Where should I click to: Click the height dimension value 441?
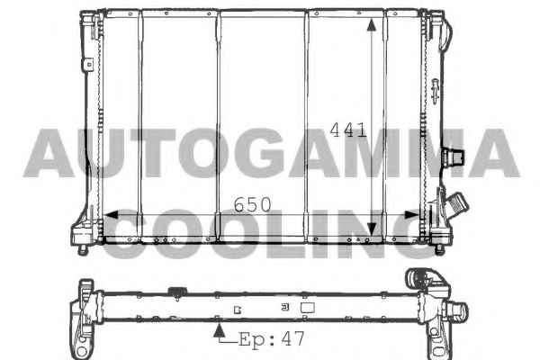click(x=348, y=130)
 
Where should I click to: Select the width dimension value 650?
click(x=252, y=205)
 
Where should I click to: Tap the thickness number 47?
click(x=293, y=338)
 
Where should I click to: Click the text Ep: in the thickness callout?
click(x=256, y=339)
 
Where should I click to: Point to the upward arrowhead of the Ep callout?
click(x=219, y=331)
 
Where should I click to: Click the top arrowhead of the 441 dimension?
click(x=371, y=25)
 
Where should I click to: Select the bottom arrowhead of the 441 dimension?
click(x=371, y=229)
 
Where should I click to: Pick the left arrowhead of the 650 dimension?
click(x=111, y=215)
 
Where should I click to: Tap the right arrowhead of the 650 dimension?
click(x=411, y=215)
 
